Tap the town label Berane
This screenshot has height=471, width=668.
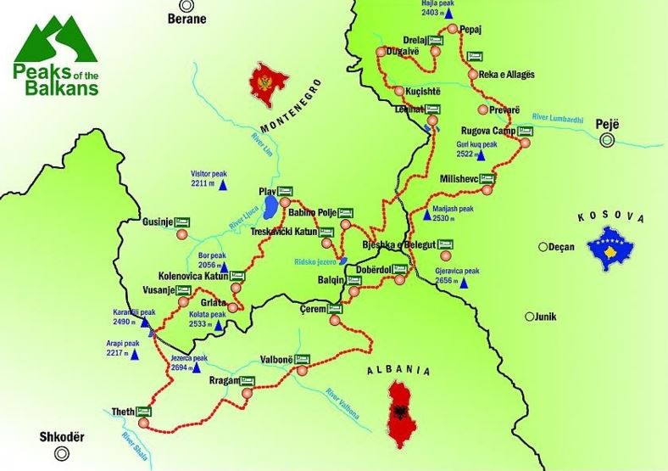[187, 18]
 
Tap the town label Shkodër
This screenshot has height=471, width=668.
[63, 440]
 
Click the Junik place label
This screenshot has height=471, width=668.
[548, 317]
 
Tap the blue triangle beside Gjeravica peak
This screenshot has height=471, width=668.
[465, 283]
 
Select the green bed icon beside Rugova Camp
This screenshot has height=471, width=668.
[525, 131]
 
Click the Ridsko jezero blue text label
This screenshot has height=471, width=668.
[315, 261]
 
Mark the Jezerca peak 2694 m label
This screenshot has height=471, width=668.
[189, 362]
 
